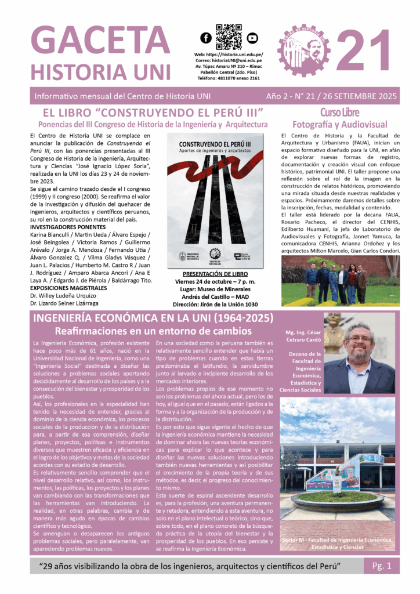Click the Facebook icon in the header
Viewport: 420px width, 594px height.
click(205, 38)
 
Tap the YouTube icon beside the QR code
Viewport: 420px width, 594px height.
click(251, 38)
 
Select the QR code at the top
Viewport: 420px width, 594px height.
click(228, 37)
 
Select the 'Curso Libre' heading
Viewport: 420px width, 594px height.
click(339, 112)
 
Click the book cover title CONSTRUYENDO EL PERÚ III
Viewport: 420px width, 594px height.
click(215, 143)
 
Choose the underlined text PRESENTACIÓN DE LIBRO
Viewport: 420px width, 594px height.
click(215, 273)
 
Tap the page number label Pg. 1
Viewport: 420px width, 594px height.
click(381, 564)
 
